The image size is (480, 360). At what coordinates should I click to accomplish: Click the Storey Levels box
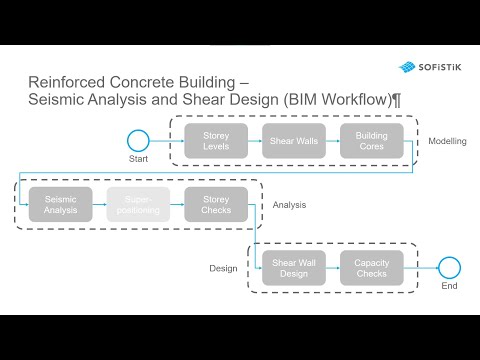(x=216, y=142)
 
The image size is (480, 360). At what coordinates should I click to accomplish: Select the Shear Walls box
(x=294, y=142)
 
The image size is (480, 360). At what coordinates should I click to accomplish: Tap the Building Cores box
(x=372, y=142)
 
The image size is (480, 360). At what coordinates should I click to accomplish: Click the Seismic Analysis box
(x=61, y=204)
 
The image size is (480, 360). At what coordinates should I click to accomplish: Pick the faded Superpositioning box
(x=139, y=204)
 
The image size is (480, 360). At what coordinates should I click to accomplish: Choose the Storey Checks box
(x=216, y=204)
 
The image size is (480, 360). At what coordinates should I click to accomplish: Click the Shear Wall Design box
(x=294, y=267)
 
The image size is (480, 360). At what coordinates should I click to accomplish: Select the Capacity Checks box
(x=372, y=267)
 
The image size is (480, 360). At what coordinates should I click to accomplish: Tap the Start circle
(x=139, y=141)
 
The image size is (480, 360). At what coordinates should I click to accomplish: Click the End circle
(x=449, y=267)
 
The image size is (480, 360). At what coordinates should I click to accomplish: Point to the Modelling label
(x=447, y=141)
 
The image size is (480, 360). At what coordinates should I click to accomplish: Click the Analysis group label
(x=289, y=205)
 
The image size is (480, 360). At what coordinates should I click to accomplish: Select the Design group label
(x=223, y=268)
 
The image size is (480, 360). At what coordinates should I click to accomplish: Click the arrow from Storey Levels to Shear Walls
(x=255, y=142)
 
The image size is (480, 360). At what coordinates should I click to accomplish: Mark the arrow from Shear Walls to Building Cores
(x=333, y=142)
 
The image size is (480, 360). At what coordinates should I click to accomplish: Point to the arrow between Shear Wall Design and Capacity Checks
(x=333, y=267)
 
